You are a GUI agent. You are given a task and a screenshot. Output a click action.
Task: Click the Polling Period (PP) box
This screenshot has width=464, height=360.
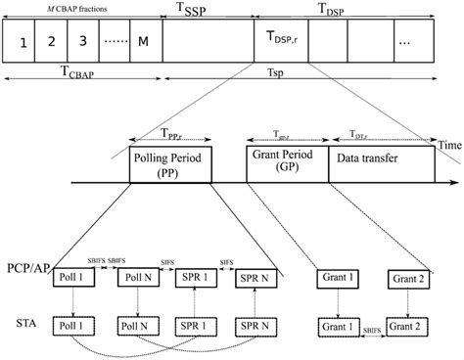click(x=170, y=167)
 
